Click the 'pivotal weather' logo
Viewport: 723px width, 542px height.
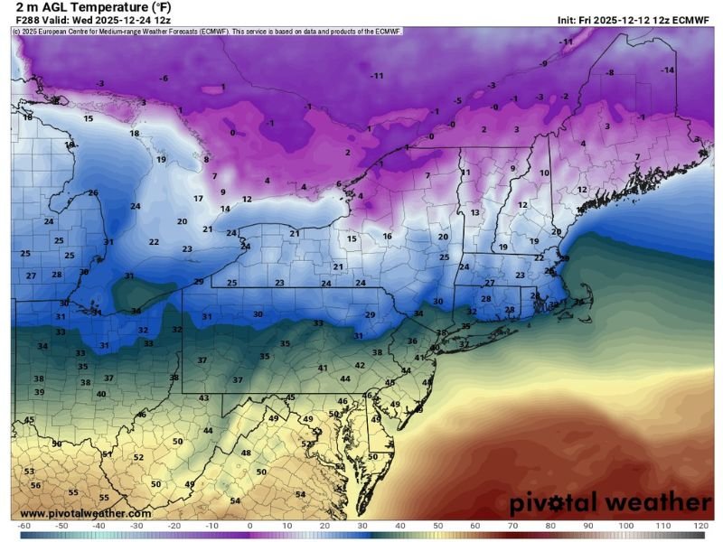pyautogui.click(x=610, y=502)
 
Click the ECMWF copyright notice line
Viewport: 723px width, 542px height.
pyautogui.click(x=208, y=31)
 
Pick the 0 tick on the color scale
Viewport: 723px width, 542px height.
pyautogui.click(x=249, y=525)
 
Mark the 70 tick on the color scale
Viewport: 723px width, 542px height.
pyautogui.click(x=512, y=525)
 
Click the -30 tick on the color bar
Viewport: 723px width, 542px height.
pyautogui.click(x=136, y=525)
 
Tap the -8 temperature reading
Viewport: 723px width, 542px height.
pyautogui.click(x=610, y=72)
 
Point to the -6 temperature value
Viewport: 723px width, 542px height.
pyautogui.click(x=164, y=79)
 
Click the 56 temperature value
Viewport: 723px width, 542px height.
pyautogui.click(x=35, y=485)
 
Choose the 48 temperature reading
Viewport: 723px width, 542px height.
pyautogui.click(x=245, y=453)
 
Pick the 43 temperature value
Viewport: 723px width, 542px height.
pyautogui.click(x=204, y=397)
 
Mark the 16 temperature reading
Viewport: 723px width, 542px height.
pyautogui.click(x=387, y=236)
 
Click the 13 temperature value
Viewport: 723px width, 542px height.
pyautogui.click(x=474, y=212)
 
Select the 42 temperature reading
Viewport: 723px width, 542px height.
pyautogui.click(x=360, y=365)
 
